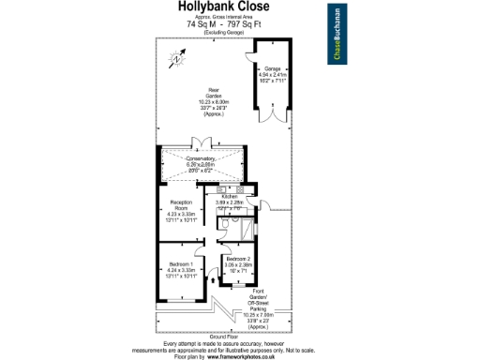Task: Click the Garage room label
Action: click(272, 69)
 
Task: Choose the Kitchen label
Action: click(230, 197)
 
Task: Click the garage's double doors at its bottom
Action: click(272, 128)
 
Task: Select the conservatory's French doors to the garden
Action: click(202, 142)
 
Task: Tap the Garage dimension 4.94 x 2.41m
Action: click(272, 76)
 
